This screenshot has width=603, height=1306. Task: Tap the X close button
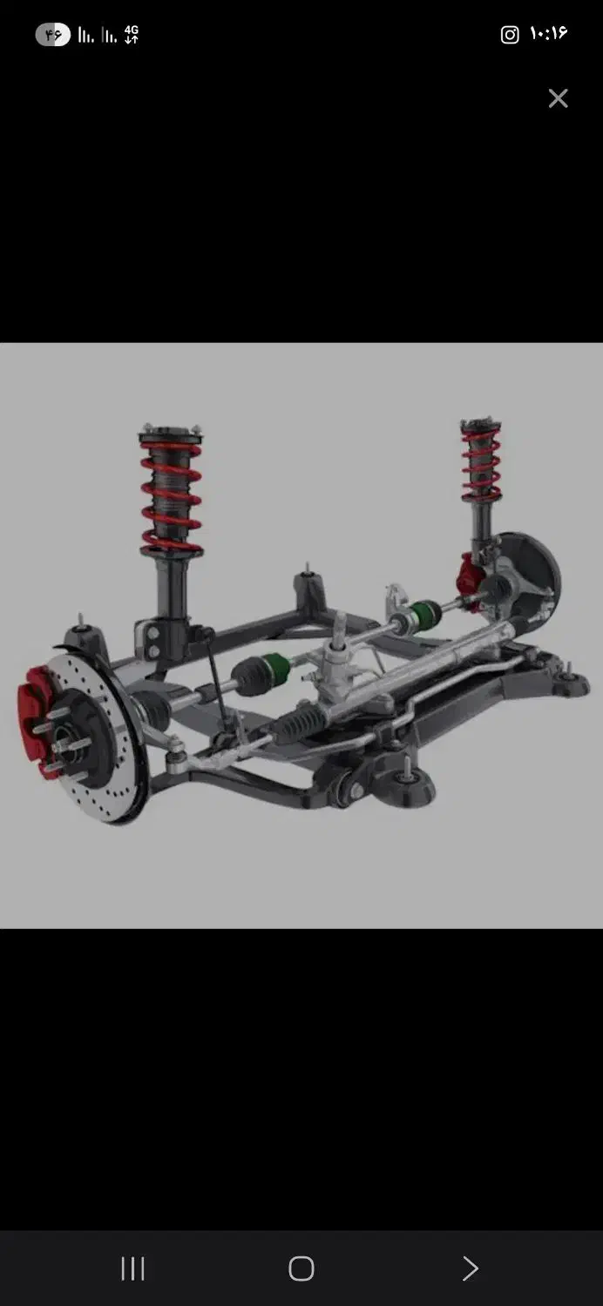click(x=558, y=98)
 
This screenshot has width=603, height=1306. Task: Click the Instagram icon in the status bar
click(x=510, y=35)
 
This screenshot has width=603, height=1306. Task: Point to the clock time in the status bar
click(x=548, y=33)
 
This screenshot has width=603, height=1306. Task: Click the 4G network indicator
click(x=132, y=35)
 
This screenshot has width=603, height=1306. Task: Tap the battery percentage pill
click(x=53, y=35)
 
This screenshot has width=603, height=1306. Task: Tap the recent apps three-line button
click(x=132, y=1269)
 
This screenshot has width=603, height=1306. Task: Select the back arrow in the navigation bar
click(x=470, y=1269)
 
